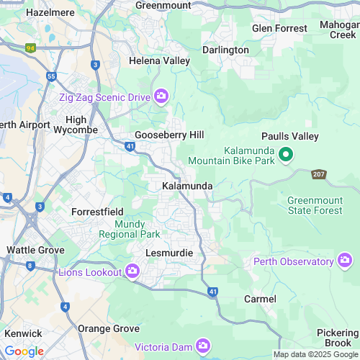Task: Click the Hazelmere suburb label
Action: click(x=50, y=13)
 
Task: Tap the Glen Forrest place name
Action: click(x=280, y=28)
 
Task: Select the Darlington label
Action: click(x=225, y=50)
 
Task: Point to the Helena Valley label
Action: click(x=159, y=61)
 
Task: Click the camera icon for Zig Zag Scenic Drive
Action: click(x=162, y=96)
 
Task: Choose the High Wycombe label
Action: click(x=76, y=125)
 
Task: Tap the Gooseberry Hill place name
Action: click(x=169, y=135)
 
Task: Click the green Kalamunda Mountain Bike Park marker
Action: click(x=285, y=154)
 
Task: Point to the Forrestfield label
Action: click(x=100, y=212)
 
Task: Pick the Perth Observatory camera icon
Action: click(x=345, y=259)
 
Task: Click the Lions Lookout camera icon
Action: click(x=132, y=271)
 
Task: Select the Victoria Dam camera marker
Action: click(x=203, y=346)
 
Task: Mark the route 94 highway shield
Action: click(x=30, y=48)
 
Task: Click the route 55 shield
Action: click(x=51, y=75)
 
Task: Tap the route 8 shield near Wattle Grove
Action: click(x=30, y=266)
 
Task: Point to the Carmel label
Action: click(x=260, y=298)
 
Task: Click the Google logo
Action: click(x=24, y=351)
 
